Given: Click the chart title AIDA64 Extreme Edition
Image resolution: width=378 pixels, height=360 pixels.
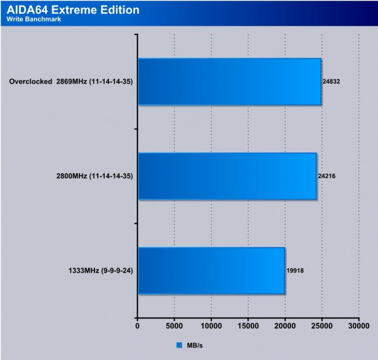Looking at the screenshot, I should click(73, 10).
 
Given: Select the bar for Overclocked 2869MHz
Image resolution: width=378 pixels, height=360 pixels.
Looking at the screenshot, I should click(230, 82).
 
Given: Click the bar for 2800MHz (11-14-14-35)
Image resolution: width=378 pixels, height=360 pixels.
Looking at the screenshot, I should click(227, 176).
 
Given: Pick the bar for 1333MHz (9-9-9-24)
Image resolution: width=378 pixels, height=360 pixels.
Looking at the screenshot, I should click(211, 270).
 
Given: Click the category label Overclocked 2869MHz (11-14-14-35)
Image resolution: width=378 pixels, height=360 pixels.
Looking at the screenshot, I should click(71, 82).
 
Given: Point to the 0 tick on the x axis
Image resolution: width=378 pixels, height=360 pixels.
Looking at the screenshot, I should click(137, 326).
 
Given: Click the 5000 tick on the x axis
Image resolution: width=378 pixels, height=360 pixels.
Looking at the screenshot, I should click(174, 326).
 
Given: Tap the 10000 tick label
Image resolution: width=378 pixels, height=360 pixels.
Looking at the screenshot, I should click(211, 326).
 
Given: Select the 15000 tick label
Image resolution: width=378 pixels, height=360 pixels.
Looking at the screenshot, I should click(248, 326).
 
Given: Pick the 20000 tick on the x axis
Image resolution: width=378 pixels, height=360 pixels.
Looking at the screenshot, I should click(285, 326).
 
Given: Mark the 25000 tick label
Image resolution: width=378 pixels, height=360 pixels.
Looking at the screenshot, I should click(322, 326).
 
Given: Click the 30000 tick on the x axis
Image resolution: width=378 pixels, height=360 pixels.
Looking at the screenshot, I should click(359, 326).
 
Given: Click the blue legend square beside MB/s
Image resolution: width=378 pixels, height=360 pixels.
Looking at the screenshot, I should click(179, 345).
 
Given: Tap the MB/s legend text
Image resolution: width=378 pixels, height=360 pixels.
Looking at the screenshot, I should click(193, 345).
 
